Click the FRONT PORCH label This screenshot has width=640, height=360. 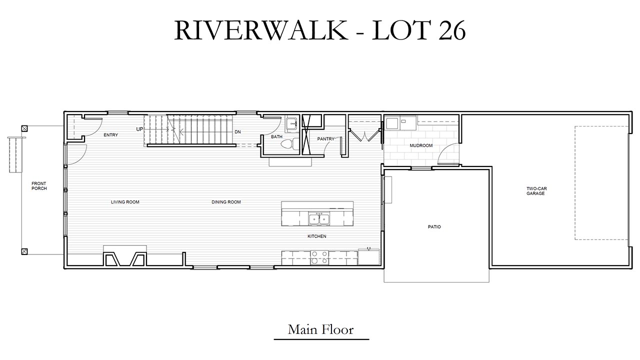click(x=39, y=186)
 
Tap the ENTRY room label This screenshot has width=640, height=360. click(x=111, y=135)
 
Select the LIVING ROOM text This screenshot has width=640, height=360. click(x=125, y=202)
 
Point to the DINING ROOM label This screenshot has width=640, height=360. click(x=226, y=202)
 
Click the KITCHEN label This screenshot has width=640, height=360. click(x=317, y=236)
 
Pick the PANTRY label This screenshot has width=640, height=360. click(x=325, y=139)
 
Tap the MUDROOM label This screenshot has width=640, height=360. click(x=421, y=145)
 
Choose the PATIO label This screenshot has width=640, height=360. click(x=434, y=227)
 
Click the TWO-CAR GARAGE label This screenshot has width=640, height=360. click(x=536, y=191)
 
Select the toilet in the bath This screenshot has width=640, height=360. click(x=289, y=144)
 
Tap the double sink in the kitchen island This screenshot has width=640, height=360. click(x=319, y=219)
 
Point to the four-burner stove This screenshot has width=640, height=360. click(x=319, y=257)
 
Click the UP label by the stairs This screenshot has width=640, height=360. click(x=139, y=129)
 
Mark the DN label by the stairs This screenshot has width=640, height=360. click(x=237, y=132)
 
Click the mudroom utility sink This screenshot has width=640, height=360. click(x=392, y=123)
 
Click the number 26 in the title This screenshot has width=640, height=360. click(x=452, y=30)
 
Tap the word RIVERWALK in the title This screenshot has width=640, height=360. click(x=260, y=30)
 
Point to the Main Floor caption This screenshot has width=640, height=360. click(x=320, y=329)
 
